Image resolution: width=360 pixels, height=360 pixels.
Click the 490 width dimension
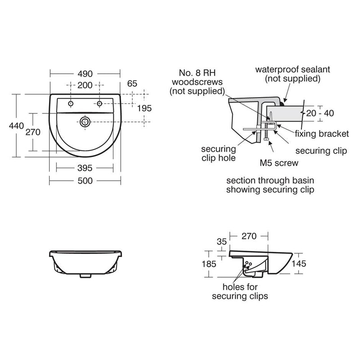click(x=85, y=74)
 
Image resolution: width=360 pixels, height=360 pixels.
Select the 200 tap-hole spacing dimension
click(x=85, y=85)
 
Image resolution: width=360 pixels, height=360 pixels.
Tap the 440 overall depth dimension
click(x=16, y=126)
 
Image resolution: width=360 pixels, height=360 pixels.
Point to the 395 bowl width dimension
click(x=85, y=168)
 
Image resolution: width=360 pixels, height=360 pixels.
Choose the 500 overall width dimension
click(x=85, y=181)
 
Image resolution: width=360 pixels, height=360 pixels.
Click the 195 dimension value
click(x=144, y=108)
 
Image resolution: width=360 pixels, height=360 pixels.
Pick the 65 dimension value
click(x=132, y=84)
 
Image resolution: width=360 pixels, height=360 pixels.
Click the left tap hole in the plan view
click(x=71, y=103)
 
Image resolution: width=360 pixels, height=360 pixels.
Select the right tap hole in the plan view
click(x=99, y=103)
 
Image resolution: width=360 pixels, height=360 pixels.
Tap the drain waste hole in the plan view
click(x=85, y=121)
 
